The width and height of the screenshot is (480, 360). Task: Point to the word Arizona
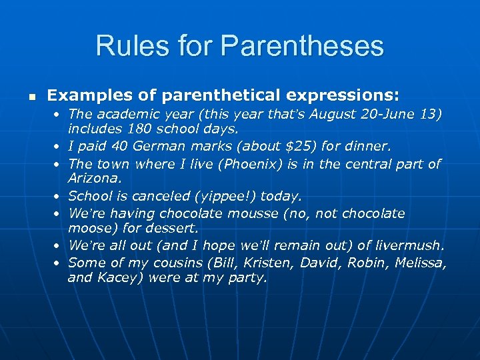[x=93, y=178]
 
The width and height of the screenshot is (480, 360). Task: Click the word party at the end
[x=248, y=279]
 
